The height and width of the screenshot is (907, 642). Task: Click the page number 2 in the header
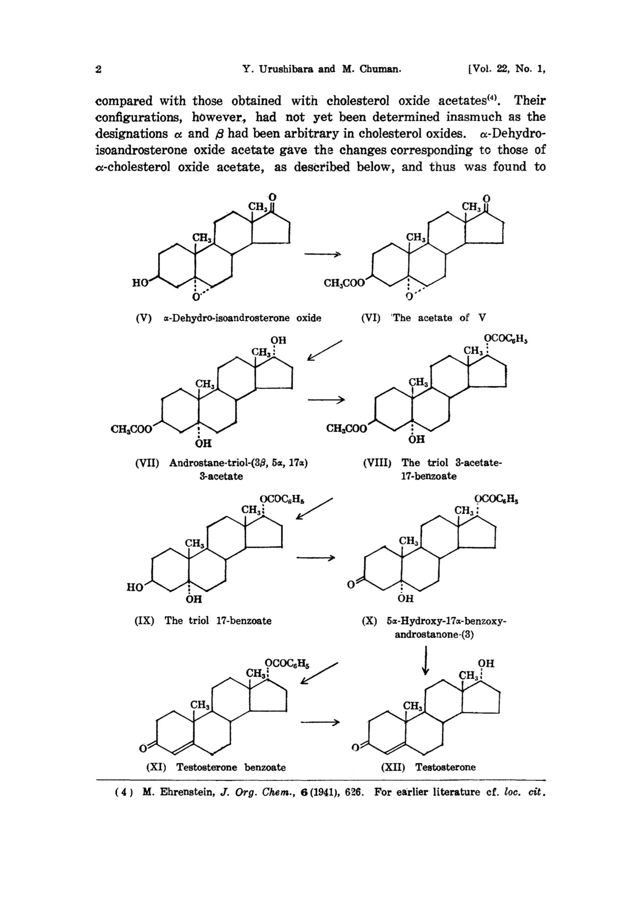[x=98, y=69]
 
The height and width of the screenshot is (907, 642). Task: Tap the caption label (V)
[x=144, y=318]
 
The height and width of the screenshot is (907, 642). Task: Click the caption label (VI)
[x=371, y=318]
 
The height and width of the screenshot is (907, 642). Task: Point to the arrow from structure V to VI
[x=322, y=254]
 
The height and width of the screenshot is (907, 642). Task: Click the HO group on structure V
[x=140, y=282]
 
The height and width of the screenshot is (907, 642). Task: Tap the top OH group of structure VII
[x=278, y=340]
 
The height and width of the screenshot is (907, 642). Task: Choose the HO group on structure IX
[x=134, y=587]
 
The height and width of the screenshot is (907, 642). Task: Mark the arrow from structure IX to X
[x=316, y=558]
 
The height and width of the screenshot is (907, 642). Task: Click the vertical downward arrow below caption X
[x=426, y=660]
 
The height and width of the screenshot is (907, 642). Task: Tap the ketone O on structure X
[x=351, y=585]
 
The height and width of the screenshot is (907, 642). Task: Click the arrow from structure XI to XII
[x=320, y=722]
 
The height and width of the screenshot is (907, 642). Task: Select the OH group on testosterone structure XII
[x=486, y=663]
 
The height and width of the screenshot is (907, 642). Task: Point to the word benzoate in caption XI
[x=265, y=767]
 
